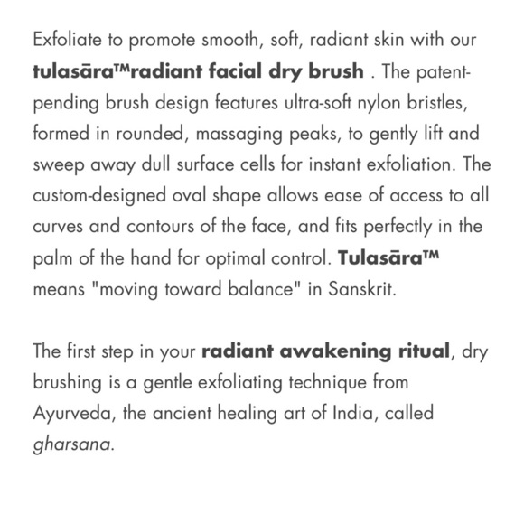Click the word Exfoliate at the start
64,42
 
